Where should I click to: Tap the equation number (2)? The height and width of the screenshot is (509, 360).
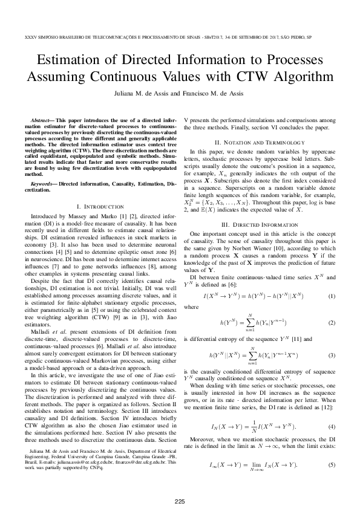(x=331, y=324)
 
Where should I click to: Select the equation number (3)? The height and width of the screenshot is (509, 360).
(x=331, y=355)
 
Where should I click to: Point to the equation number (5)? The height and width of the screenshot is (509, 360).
(x=331, y=464)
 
